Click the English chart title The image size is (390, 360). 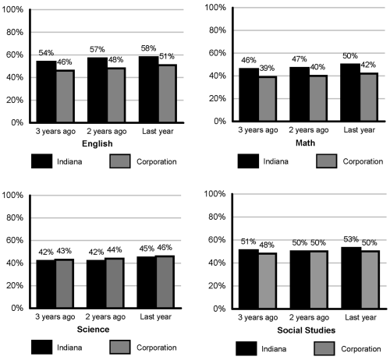(97, 143)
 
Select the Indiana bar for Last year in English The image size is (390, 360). (149, 89)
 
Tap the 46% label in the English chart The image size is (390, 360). (65, 62)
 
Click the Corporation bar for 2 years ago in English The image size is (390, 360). (116, 95)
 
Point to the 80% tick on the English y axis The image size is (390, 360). (15, 32)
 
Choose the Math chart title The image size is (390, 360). (305, 143)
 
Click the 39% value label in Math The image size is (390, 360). (267, 68)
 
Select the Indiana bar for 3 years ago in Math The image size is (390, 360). (249, 94)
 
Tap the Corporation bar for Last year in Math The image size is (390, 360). (369, 97)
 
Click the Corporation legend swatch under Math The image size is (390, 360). (327, 161)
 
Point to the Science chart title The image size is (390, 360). (93, 330)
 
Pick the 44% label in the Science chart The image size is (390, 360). (114, 250)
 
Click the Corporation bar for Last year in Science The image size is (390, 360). (165, 282)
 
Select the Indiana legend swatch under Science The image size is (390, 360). (41, 347)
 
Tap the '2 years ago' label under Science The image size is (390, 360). (105, 317)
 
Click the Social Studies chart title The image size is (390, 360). (307, 330)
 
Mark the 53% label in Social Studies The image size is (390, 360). (351, 239)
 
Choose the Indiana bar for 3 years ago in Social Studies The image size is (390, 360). (249, 279)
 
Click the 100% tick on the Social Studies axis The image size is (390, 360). (214, 194)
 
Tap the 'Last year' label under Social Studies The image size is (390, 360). (360, 317)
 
